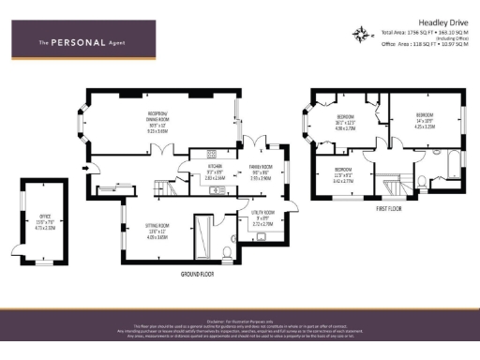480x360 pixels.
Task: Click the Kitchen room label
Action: pos(215,169)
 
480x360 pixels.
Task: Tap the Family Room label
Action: pos(262,169)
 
